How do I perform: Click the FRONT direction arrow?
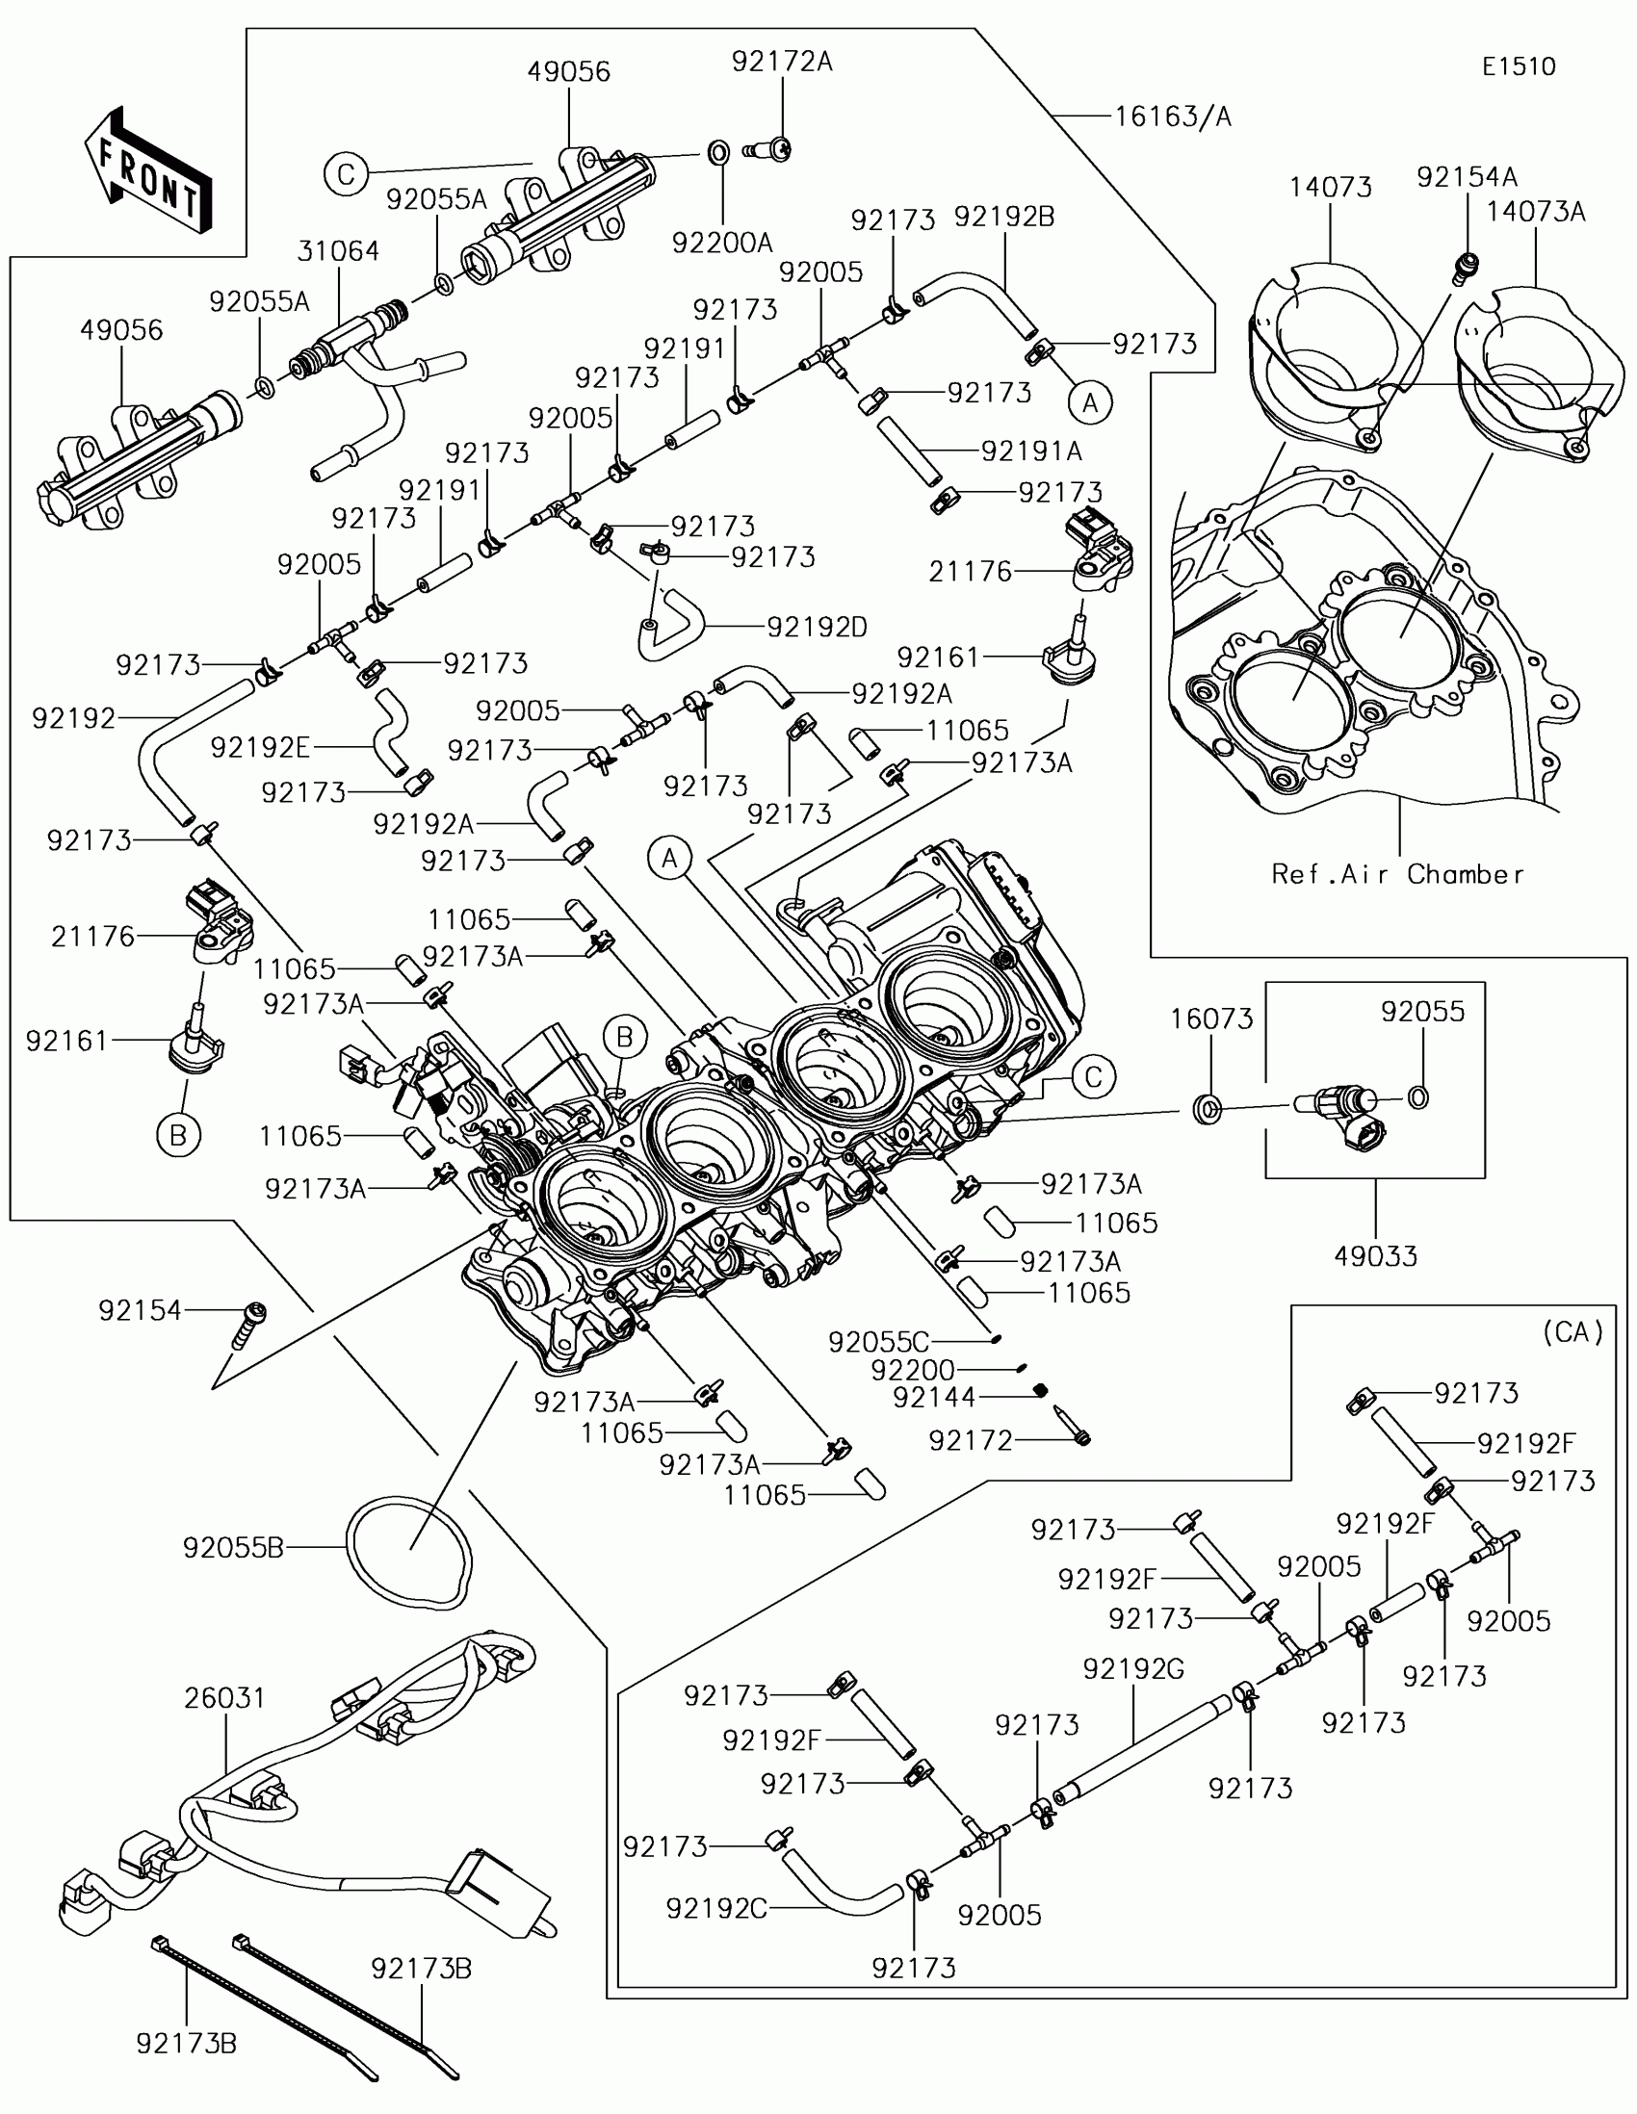click(147, 170)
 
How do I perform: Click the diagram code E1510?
click(1519, 65)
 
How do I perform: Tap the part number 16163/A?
click(1172, 116)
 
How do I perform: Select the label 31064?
click(338, 250)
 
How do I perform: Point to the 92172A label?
click(781, 61)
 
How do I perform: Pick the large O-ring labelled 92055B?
click(409, 1554)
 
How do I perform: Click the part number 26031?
click(224, 1698)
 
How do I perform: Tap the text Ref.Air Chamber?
click(1397, 874)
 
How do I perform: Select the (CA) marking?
click(1573, 1333)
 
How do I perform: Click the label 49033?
click(1375, 1255)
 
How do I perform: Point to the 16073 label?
click(1211, 1018)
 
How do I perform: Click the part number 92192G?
click(1132, 1668)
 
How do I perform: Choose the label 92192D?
click(817, 628)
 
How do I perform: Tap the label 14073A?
click(1536, 211)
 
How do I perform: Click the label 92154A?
click(1467, 177)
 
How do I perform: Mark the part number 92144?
click(934, 1397)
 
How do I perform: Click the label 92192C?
click(716, 1908)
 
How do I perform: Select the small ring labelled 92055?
click(1417, 1097)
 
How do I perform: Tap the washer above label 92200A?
click(716, 153)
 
